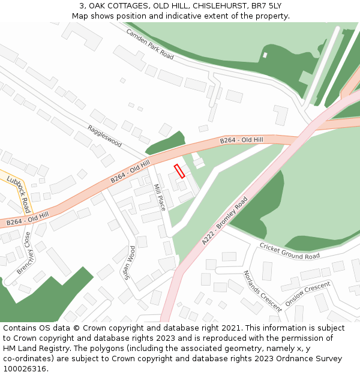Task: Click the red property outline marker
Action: [179, 171]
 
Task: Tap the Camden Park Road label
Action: [149, 44]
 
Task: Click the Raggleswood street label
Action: [104, 136]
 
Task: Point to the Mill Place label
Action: [160, 197]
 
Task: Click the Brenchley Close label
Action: [24, 254]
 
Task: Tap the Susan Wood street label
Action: [128, 260]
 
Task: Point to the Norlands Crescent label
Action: [262, 291]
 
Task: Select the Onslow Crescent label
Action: [308, 294]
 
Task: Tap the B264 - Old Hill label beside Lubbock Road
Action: [27, 218]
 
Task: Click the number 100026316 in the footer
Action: [25, 368]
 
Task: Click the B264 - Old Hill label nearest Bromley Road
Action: [242, 140]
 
